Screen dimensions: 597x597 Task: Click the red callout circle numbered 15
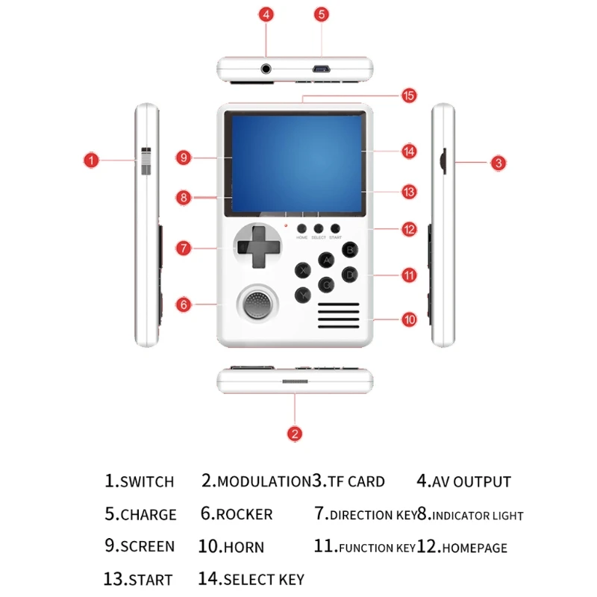[x=408, y=96]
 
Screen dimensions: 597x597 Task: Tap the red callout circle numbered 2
[x=296, y=433]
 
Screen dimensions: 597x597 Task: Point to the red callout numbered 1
[x=90, y=160]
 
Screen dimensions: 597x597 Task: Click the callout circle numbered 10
[x=408, y=319]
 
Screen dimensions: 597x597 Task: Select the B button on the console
[x=347, y=250]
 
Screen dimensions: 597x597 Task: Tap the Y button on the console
[x=302, y=294]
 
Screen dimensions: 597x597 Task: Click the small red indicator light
[x=285, y=225]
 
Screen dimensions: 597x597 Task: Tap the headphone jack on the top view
[x=266, y=69]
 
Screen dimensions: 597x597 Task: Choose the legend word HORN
[x=243, y=547]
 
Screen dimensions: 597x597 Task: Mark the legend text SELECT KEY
[x=263, y=579]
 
